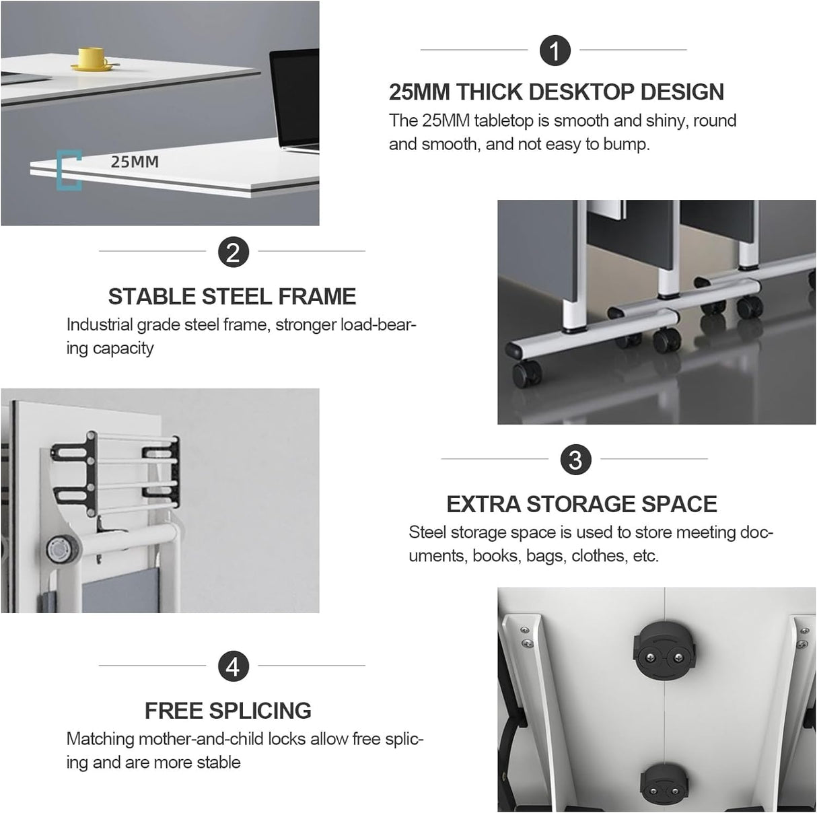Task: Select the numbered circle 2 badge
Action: [233, 252]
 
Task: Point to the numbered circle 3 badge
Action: [575, 460]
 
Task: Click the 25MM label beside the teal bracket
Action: [135, 162]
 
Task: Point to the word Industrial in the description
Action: [99, 325]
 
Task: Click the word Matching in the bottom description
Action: [100, 740]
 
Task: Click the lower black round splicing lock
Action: [664, 784]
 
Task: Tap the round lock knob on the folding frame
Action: [63, 550]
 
